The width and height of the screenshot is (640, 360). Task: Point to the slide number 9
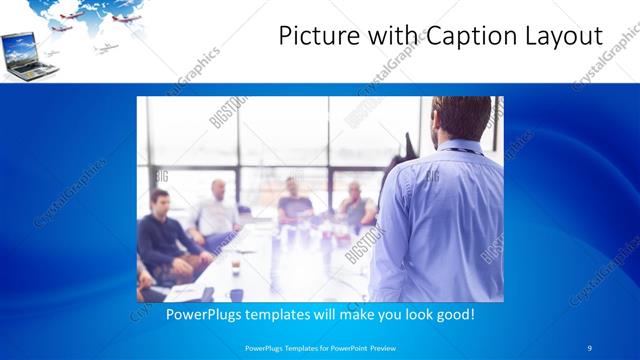[x=590, y=348]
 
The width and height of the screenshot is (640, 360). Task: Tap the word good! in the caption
[x=453, y=314]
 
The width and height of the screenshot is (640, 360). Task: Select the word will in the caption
[x=321, y=314]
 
